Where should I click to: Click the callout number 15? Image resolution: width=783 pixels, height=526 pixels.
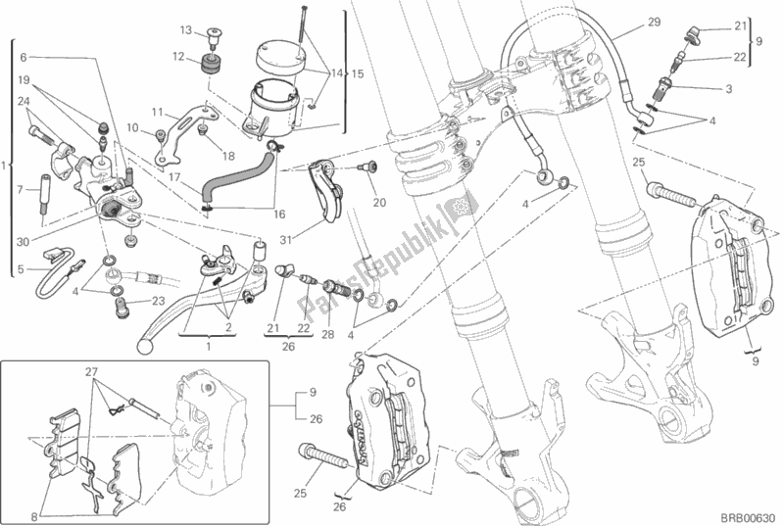[x=358, y=74]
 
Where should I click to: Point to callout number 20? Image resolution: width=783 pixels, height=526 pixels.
[x=379, y=204]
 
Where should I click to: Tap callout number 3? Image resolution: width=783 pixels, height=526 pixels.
[x=728, y=88]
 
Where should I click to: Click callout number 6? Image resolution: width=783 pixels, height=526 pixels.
[x=24, y=57]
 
